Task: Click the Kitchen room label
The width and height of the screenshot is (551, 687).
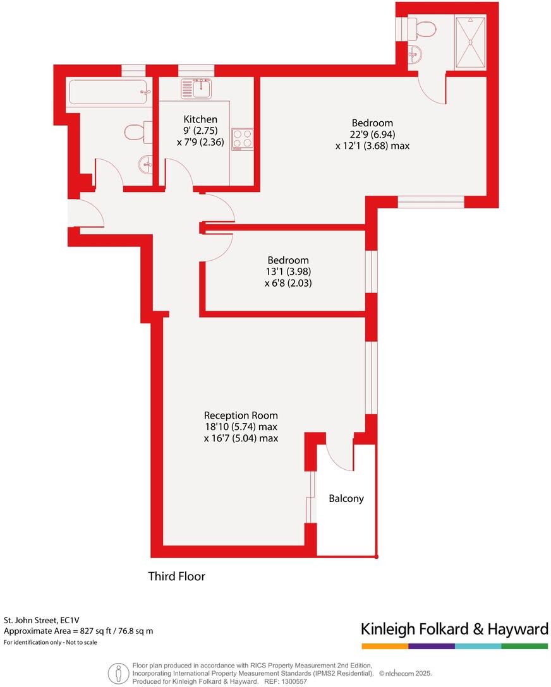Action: (x=200, y=119)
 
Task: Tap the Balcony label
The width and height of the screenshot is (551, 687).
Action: (x=346, y=498)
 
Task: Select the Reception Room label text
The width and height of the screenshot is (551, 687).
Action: (x=241, y=415)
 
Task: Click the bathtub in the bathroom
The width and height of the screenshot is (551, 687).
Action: (x=107, y=92)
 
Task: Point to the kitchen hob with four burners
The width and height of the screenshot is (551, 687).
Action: (x=243, y=138)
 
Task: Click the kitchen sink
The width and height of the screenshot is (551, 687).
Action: (x=196, y=88)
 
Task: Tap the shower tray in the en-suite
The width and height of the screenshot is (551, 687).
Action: (x=470, y=42)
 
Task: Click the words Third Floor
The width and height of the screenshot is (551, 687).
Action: (x=176, y=576)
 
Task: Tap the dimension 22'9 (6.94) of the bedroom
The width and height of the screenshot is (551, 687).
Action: (x=372, y=134)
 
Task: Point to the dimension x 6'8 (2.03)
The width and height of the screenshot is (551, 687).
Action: (x=288, y=284)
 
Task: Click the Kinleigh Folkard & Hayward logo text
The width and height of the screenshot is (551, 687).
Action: (x=454, y=629)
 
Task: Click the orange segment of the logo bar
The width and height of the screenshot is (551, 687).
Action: (x=385, y=647)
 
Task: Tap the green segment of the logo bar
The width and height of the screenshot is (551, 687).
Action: (x=524, y=647)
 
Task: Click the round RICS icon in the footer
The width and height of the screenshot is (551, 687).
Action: (x=116, y=673)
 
